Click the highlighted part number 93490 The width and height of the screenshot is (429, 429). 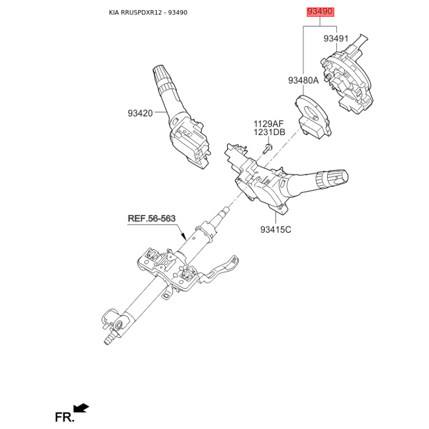click(x=320, y=12)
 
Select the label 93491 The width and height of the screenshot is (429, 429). click(x=336, y=39)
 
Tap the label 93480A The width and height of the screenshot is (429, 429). click(x=303, y=80)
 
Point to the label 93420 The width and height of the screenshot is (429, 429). click(x=140, y=113)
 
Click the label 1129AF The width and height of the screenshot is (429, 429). click(x=269, y=124)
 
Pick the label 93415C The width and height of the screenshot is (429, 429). click(x=276, y=230)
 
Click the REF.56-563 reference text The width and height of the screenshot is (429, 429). click(x=151, y=219)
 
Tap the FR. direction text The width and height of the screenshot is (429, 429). click(x=63, y=416)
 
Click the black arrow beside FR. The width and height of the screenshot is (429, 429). click(x=82, y=409)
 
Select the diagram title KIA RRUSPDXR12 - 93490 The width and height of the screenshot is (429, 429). click(x=148, y=12)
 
